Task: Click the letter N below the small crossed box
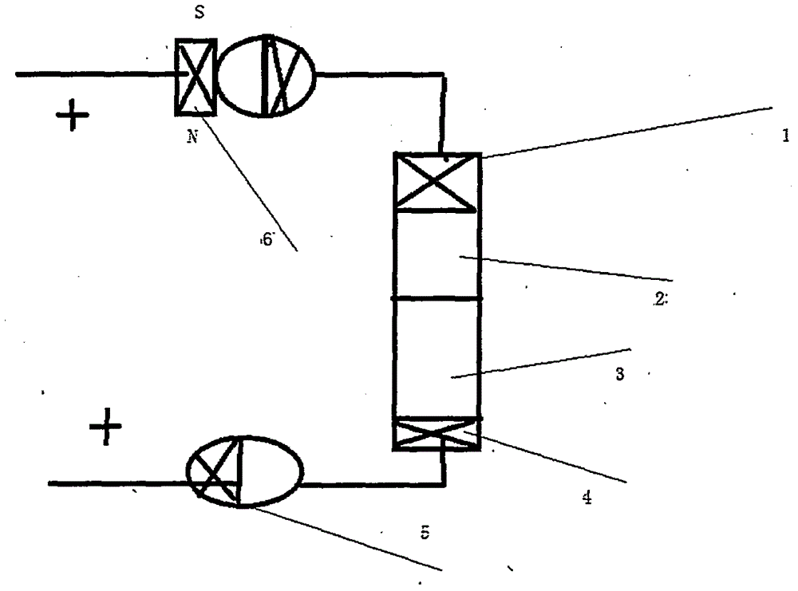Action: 192,136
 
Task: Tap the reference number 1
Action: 785,136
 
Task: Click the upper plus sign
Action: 73,119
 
